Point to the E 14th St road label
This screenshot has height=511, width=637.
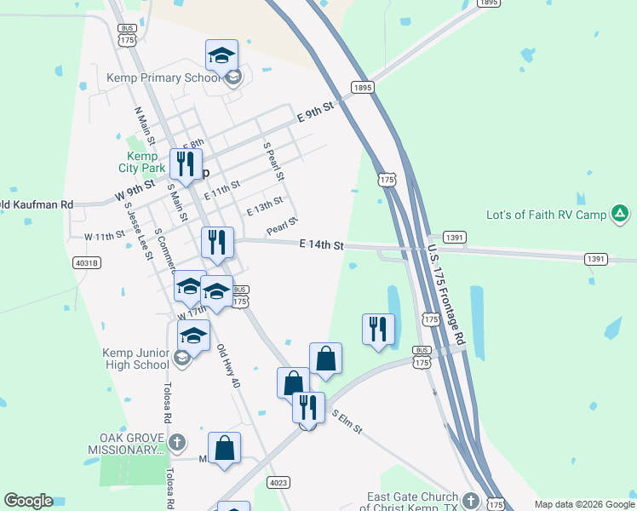321,245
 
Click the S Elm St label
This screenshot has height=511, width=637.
347,419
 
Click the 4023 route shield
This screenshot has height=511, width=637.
278,483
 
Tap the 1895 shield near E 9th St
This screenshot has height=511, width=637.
363,88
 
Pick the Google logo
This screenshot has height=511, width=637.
28,501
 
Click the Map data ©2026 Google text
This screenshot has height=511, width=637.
584,504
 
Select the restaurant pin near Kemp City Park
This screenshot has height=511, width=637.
186,162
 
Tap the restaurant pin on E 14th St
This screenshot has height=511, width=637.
217,242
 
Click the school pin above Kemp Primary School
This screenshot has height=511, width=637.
221,55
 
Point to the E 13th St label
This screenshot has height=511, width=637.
264,206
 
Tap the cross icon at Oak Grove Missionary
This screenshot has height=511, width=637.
177,442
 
